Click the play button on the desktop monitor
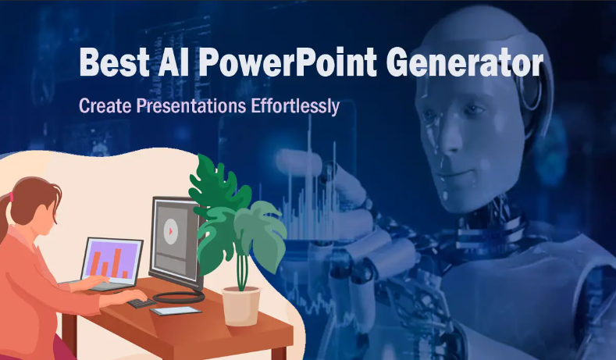click(169, 230)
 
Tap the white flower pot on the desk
click(241, 305)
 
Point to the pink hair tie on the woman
click(11, 197)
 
